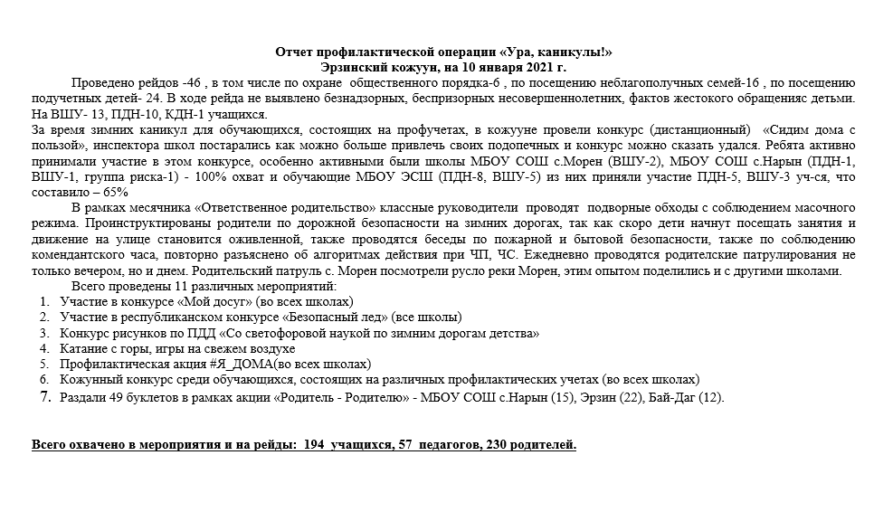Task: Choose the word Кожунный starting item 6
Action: (x=89, y=379)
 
